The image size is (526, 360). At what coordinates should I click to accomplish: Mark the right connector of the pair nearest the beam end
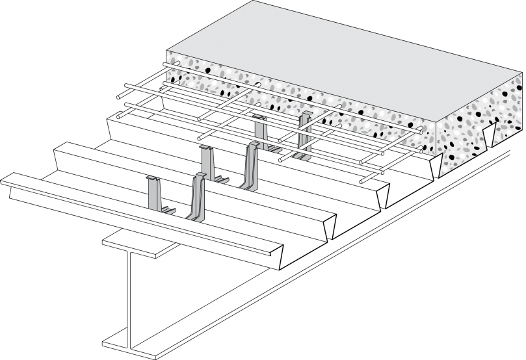196,195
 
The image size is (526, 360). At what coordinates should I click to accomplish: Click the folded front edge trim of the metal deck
143,214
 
